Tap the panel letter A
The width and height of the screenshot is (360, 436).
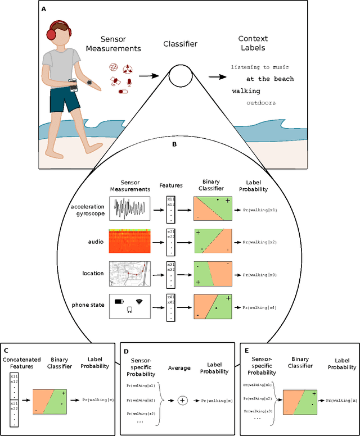(44, 9)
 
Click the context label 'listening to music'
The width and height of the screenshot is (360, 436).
(262, 67)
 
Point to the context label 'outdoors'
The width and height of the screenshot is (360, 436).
(261, 103)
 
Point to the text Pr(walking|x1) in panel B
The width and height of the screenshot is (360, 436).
(260, 210)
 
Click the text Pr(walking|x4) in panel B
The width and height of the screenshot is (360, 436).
(260, 307)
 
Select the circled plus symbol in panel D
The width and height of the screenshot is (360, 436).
(182, 401)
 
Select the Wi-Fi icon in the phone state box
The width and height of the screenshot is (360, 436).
(139, 302)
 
